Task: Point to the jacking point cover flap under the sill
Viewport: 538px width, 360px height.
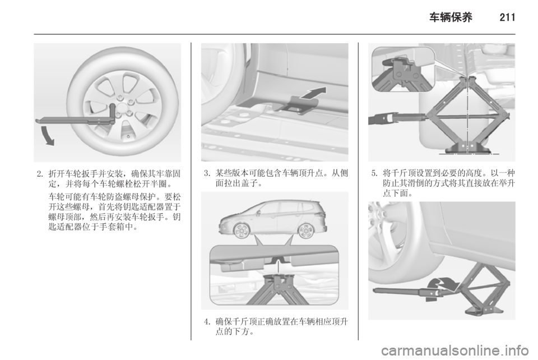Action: coord(296,104)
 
